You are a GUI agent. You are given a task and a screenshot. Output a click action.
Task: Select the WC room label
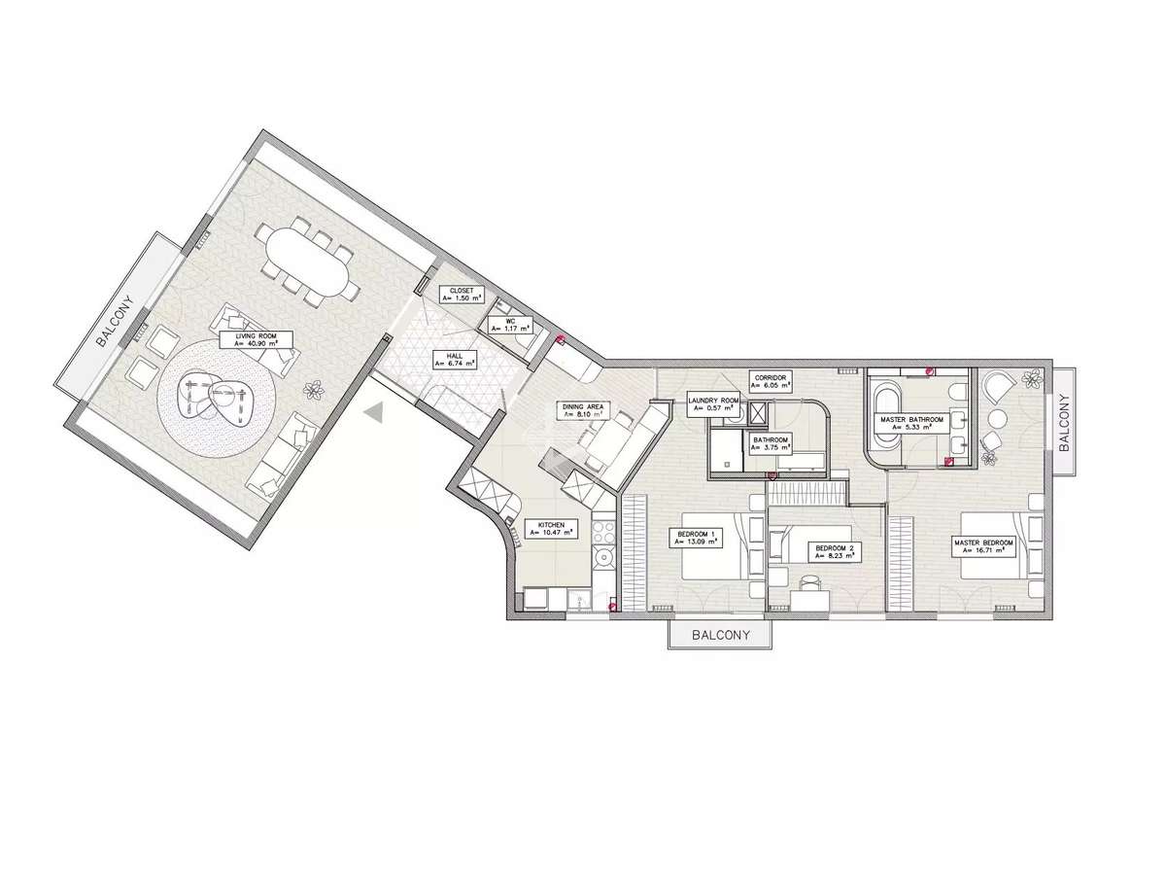tap(509, 325)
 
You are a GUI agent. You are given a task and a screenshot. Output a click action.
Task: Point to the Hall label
tap(454, 360)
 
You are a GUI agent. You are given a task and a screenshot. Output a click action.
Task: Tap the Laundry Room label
tap(713, 404)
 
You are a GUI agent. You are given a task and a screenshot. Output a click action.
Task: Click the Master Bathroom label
tap(907, 424)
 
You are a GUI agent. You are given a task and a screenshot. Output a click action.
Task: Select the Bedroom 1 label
tap(699, 538)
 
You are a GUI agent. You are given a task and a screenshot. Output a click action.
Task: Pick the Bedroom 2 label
tap(834, 552)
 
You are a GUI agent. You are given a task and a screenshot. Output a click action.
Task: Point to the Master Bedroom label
tap(984, 546)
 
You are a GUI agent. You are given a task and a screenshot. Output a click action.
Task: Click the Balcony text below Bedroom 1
tap(720, 636)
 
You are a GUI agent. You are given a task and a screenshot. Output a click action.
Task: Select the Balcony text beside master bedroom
tap(1064, 422)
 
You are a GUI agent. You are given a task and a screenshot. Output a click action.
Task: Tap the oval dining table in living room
tap(306, 262)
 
